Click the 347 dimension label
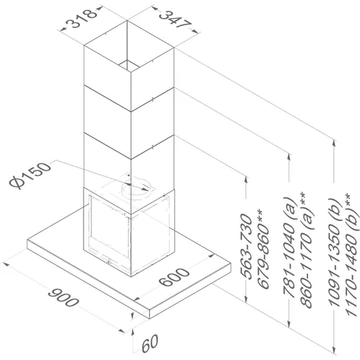(x=176, y=19)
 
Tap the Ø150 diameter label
(x=30, y=176)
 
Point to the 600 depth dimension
(x=174, y=277)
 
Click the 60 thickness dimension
(x=150, y=343)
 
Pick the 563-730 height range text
(x=246, y=247)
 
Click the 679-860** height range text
(x=263, y=249)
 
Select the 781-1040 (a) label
(x=289, y=247)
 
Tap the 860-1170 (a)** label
(x=306, y=250)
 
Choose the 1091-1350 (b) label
(x=334, y=253)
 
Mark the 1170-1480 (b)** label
(x=351, y=255)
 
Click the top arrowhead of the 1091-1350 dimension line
(x=333, y=143)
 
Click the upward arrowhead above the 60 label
(x=132, y=332)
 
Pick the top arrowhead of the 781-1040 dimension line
(x=289, y=157)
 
